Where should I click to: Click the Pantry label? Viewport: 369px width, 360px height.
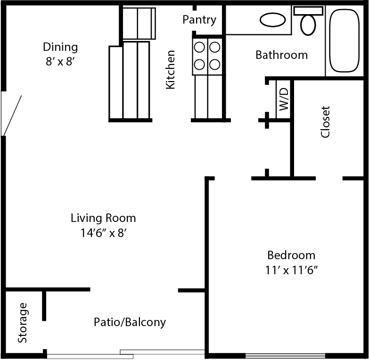click(199, 20)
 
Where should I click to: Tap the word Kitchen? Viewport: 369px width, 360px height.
click(171, 70)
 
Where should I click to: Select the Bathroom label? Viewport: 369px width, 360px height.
click(282, 55)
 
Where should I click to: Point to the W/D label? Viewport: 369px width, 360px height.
click(284, 99)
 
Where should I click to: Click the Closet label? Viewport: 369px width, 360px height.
click(325, 122)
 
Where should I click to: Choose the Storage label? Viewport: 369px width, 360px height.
click(23, 323)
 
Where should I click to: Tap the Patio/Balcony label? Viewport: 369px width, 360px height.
click(130, 322)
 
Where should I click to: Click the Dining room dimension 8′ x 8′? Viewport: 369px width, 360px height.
click(60, 62)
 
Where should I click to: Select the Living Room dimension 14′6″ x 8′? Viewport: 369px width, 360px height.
click(104, 233)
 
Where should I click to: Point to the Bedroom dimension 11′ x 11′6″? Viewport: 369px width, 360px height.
click(291, 270)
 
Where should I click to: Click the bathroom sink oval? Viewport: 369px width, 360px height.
click(273, 20)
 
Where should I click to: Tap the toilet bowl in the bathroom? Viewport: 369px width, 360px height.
click(308, 25)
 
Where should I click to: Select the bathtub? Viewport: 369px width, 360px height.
click(344, 41)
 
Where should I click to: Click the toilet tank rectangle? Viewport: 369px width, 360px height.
click(308, 11)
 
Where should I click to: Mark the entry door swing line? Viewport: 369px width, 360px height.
click(12, 115)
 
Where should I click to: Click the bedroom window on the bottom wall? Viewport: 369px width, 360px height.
click(285, 355)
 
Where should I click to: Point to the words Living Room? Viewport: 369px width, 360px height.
click(103, 218)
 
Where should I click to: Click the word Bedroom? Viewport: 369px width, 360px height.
click(291, 255)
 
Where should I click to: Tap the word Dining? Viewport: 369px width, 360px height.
click(60, 47)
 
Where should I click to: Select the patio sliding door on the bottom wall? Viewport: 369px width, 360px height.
click(126, 354)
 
